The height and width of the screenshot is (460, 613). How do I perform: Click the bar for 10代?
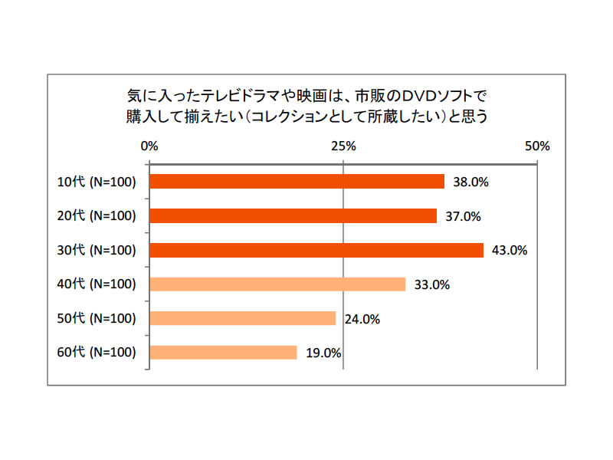pos(297,182)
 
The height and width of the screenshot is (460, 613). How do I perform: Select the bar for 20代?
pos(293,216)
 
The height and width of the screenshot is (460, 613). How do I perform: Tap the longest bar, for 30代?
pos(316,250)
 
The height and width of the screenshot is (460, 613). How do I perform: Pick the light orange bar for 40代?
pos(277,284)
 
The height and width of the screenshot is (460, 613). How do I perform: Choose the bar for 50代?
pos(242,318)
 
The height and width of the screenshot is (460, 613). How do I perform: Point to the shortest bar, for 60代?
pos(223,353)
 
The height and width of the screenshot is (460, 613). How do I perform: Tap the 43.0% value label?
pos(509,251)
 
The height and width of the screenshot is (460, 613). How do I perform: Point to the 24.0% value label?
pos(361,319)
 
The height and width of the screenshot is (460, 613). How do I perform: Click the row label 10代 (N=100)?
pos(97,182)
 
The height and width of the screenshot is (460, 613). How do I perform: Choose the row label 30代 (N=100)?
pos(97,251)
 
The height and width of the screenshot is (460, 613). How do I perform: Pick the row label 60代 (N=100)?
pos(97,353)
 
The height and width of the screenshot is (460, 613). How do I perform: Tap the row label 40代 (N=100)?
pos(97,284)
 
